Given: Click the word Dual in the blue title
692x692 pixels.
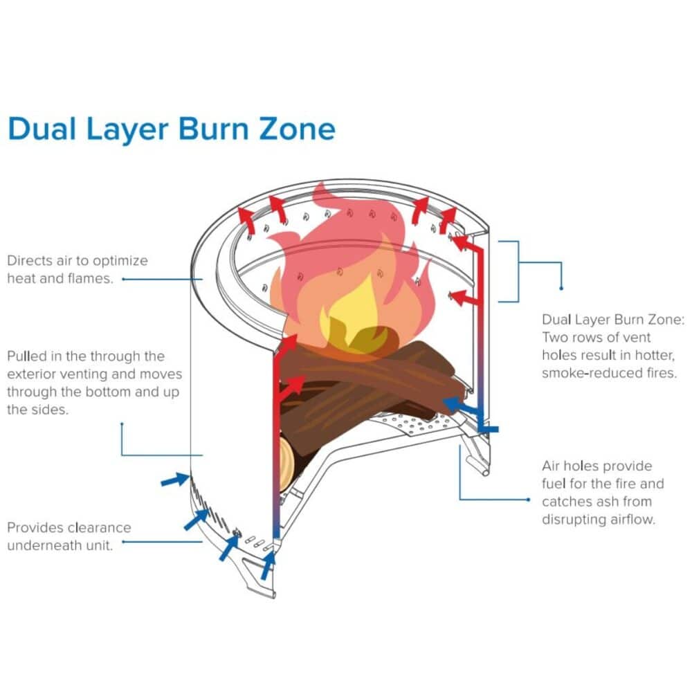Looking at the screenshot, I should pos(42,129).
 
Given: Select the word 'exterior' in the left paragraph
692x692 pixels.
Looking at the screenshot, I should pos(35,374).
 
